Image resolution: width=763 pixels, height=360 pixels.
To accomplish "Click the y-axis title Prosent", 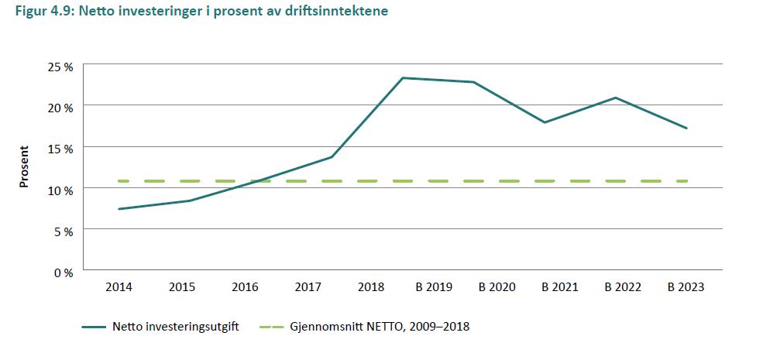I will tap(24, 166).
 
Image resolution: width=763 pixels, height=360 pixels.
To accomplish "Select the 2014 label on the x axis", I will tap(119, 287).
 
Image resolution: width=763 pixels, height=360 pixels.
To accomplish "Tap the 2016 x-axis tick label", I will tap(245, 287).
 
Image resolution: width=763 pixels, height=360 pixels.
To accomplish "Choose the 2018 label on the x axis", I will tap(371, 287).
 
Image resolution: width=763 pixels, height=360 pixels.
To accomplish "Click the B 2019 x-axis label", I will tap(434, 287).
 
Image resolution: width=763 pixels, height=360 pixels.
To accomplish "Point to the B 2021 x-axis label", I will tap(560, 287).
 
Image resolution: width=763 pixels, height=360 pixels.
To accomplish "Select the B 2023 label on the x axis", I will tap(686, 287).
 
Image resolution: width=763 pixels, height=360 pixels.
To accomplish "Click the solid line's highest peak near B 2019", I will tap(404, 77).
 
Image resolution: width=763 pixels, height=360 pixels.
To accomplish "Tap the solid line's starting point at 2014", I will tap(119, 209).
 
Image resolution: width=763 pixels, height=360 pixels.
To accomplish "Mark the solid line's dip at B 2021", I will tap(545, 122).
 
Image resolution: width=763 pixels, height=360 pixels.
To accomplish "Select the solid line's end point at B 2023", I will tap(686, 128).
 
